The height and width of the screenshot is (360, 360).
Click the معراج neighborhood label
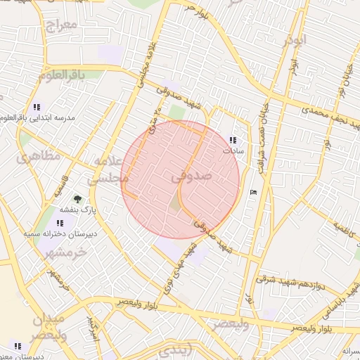59,27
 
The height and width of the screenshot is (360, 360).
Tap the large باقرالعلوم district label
62,74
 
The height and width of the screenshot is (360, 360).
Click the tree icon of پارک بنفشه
77,199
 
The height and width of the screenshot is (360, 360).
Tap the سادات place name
232,150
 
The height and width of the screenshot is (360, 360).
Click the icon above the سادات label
233,140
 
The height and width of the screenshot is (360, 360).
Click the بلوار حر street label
195,8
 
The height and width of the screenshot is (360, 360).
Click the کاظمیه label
345,230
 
